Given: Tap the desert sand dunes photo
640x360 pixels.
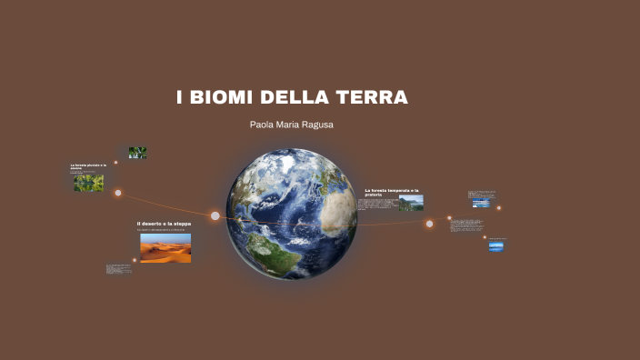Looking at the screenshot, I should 165,247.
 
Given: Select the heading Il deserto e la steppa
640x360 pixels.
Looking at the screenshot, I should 164,224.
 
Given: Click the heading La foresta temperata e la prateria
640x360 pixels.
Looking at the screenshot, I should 392,192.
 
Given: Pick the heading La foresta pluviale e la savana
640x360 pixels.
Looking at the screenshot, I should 88,166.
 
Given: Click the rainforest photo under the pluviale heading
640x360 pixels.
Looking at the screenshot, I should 88,182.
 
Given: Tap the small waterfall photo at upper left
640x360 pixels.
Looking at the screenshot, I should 137,153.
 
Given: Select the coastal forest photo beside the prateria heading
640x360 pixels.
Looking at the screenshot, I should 410,204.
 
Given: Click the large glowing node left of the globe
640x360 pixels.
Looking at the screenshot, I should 215,216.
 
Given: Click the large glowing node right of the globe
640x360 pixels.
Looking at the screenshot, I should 429,224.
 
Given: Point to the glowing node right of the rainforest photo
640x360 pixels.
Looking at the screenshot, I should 118,193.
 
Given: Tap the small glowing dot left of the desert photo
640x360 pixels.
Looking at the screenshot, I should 135,260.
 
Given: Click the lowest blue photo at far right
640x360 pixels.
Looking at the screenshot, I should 495,245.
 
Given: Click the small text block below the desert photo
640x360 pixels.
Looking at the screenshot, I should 117,269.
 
